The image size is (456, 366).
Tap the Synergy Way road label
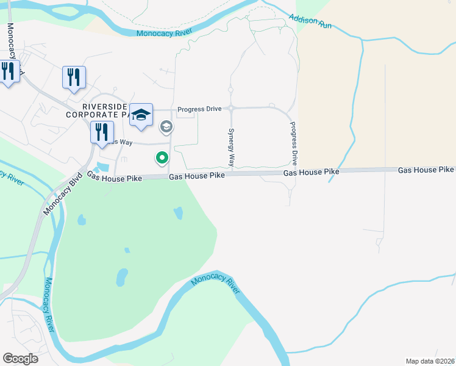[x=231, y=148]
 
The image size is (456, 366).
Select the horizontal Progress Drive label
[x=199, y=109]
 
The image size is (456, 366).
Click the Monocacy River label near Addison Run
[x=165, y=32]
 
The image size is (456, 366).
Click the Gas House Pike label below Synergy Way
[x=197, y=176]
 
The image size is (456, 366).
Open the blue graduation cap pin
[x=141, y=115]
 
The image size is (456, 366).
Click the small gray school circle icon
[x=165, y=127]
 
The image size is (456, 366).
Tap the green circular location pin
[x=162, y=158]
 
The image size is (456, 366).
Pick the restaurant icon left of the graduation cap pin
[x=102, y=132]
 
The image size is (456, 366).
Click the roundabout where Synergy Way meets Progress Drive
[x=231, y=109]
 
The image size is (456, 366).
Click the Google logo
[x=21, y=359]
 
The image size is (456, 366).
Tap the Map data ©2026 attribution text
[x=429, y=361]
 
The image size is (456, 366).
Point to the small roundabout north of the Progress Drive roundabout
[x=230, y=90]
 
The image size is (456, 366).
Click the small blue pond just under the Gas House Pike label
[x=178, y=213]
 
